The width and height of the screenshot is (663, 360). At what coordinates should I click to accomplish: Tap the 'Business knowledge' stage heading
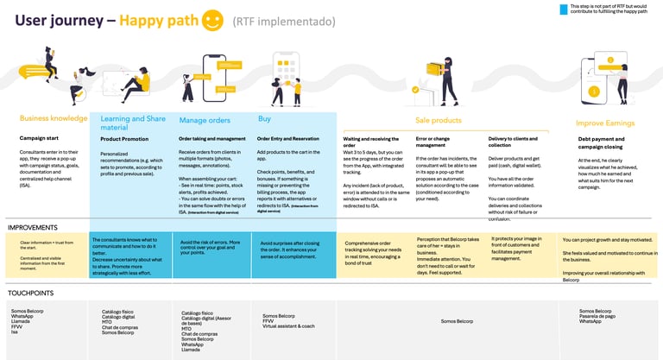54,118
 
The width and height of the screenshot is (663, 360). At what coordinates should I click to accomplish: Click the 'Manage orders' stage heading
205,120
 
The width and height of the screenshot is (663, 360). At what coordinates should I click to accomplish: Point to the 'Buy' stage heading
265,118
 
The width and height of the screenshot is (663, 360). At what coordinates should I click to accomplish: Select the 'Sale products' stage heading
439,121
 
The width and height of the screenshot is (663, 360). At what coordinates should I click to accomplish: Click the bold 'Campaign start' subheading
40,138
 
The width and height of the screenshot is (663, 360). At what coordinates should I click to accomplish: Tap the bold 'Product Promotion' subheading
124,138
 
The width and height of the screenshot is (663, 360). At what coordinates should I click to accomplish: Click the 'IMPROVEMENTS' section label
33,227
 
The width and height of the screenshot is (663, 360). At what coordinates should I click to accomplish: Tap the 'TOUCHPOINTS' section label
30,294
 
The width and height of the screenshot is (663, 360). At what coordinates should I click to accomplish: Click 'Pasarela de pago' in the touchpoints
596,316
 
